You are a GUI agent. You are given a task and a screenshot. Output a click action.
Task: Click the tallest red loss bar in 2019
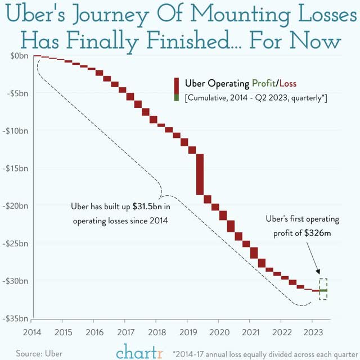pos(200,175)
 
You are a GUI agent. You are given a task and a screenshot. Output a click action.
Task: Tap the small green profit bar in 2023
pos(323,290)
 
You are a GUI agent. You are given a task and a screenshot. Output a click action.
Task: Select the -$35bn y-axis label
pos(17,318)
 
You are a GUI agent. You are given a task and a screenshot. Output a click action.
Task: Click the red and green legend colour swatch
pos(176,90)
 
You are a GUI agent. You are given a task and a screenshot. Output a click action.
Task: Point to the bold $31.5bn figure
pos(147,206)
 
